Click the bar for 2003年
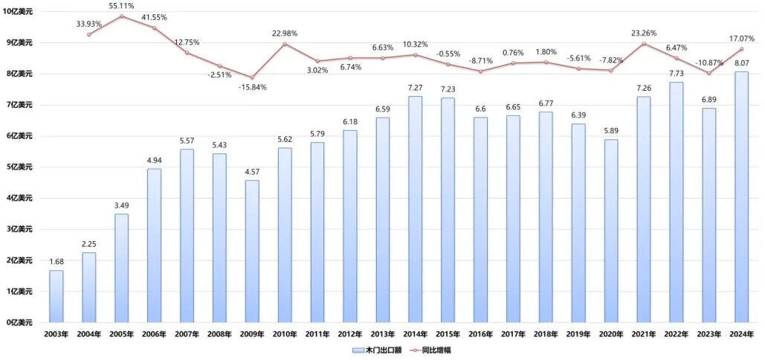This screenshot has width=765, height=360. (x=57, y=296)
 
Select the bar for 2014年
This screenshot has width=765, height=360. (x=415, y=209)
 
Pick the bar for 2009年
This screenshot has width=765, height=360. (x=252, y=251)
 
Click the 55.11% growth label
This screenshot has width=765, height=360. (x=121, y=6)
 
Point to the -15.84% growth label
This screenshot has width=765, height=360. (x=252, y=88)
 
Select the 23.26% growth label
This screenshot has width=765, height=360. (x=643, y=33)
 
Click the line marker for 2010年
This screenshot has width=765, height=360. (x=285, y=44)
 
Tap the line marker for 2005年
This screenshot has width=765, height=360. (x=121, y=16)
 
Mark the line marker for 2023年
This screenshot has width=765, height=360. (x=708, y=73)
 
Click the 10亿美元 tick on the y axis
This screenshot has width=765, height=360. (x=20, y=12)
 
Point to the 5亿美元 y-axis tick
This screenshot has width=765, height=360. (x=20, y=167)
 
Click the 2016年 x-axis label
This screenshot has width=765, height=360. (x=480, y=335)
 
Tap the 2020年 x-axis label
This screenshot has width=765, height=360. (x=610, y=335)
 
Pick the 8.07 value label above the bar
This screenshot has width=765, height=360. (x=740, y=65)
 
